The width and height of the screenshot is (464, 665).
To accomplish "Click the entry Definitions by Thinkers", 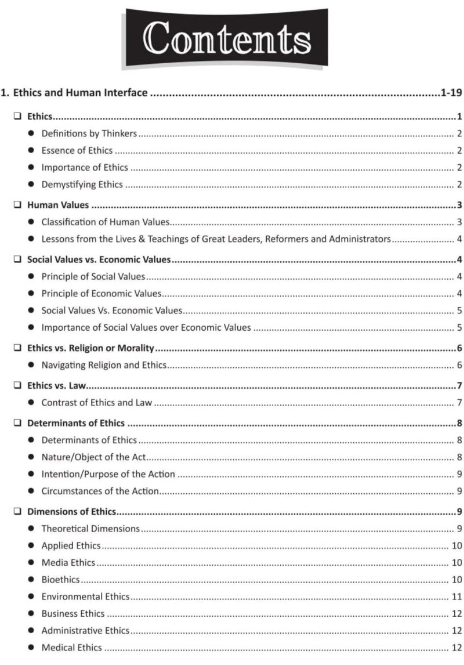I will tap(89, 133).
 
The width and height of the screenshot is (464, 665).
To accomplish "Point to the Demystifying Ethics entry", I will tap(82, 185).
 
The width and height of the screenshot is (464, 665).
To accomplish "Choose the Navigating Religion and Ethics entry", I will tap(104, 365).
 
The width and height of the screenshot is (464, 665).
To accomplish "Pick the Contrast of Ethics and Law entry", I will tap(96, 403).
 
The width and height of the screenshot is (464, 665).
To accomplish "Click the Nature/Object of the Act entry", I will tap(93, 457).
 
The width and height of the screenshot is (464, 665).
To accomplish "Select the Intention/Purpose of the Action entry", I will tap(108, 474).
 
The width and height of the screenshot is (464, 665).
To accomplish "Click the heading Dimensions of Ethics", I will tap(71, 512).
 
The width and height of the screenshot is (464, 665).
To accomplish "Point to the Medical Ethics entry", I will tap(71, 647).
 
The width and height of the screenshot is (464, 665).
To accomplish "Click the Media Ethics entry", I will tap(68, 563).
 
